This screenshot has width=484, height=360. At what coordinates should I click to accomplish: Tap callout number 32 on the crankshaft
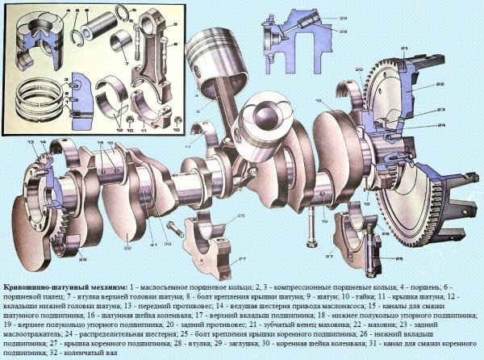128,248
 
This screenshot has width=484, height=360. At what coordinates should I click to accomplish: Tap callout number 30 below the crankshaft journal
168,243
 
